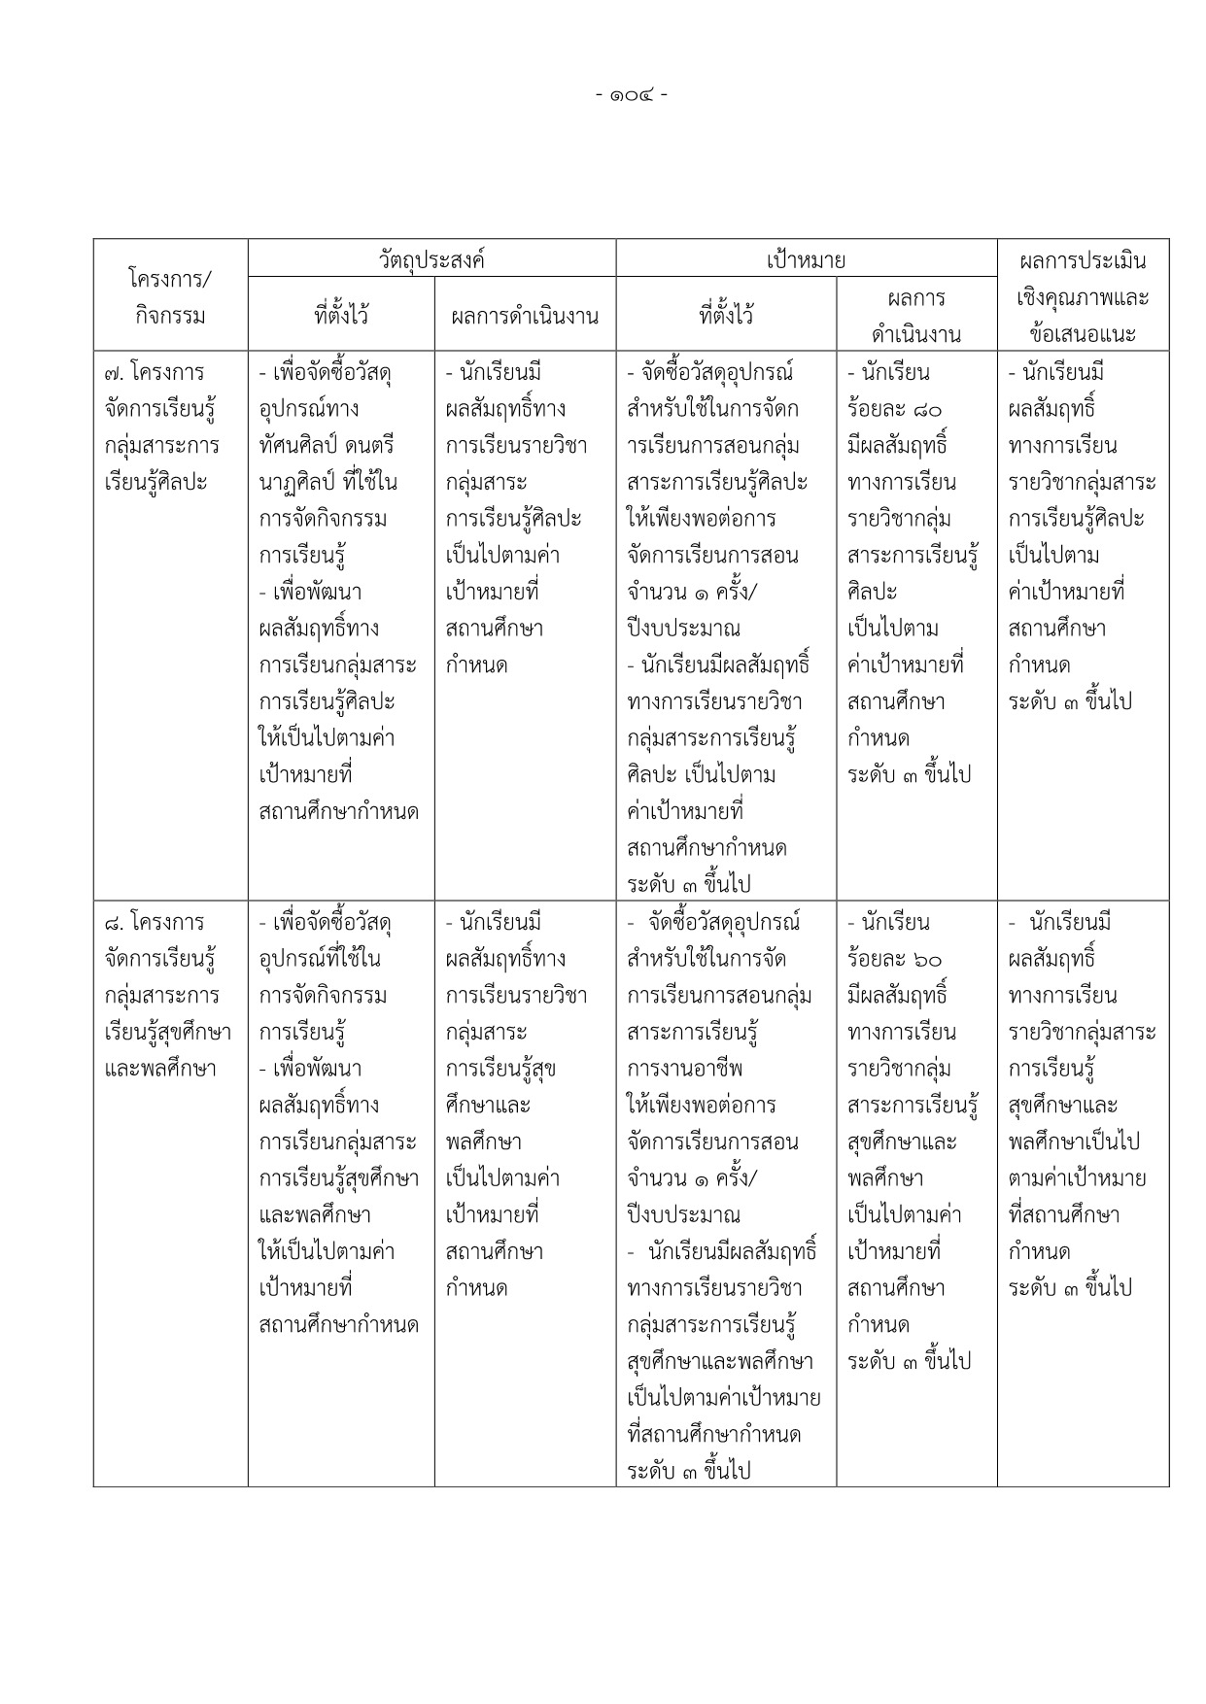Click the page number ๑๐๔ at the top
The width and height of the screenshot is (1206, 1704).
(630, 95)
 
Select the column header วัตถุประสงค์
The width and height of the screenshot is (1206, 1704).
(431, 259)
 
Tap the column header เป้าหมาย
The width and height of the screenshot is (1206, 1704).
(806, 259)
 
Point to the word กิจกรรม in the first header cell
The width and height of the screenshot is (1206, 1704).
(170, 316)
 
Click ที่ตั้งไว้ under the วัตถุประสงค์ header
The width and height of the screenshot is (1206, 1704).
(341, 316)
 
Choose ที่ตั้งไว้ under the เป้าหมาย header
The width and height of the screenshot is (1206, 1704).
(726, 316)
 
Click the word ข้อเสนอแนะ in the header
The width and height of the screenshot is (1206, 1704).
(1083, 335)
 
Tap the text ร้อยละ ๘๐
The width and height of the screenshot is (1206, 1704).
(894, 409)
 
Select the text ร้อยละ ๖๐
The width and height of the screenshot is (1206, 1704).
(894, 959)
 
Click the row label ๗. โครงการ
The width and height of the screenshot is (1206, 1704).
(155, 372)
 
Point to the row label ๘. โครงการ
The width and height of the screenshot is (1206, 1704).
(155, 922)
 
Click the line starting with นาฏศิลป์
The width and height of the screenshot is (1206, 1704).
(327, 482)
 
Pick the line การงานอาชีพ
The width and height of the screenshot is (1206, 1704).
(685, 1069)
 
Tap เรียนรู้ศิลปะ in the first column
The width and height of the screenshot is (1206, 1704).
(156, 482)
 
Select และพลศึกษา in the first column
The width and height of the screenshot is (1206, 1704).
(160, 1069)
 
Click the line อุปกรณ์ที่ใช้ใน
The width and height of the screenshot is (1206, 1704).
(320, 959)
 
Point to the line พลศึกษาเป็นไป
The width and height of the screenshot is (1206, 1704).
(1074, 1142)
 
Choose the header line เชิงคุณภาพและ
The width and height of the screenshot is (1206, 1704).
(1083, 297)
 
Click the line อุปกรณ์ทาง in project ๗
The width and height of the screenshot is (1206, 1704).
(309, 409)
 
